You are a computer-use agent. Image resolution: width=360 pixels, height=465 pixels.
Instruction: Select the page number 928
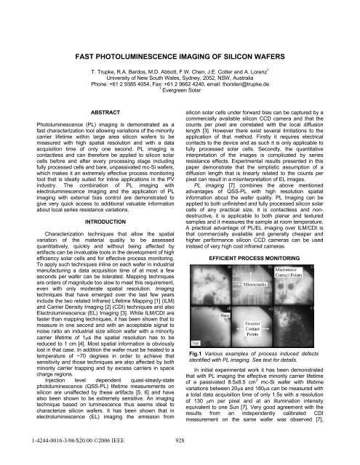click(x=180, y=440)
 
